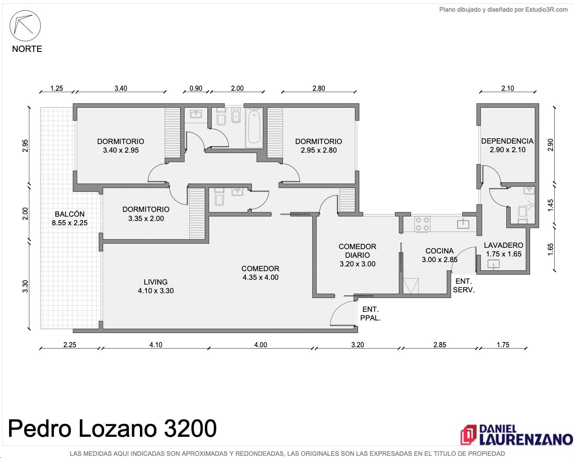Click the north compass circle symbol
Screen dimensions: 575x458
point(25,26)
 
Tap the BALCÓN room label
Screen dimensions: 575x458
point(70,214)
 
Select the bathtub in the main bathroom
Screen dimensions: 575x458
point(254,128)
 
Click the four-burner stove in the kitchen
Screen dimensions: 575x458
point(423,224)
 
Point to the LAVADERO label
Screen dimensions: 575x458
point(503,245)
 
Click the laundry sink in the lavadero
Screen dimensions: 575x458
point(493,264)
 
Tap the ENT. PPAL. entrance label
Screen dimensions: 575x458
point(370,314)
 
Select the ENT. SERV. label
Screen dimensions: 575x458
point(464,285)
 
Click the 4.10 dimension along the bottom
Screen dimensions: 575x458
point(156,345)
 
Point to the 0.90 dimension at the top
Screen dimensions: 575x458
point(196,88)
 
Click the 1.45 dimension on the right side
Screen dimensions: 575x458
point(550,205)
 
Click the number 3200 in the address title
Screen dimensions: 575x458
point(190,429)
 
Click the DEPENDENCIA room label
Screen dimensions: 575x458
point(508,141)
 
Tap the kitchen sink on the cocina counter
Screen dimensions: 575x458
point(463,224)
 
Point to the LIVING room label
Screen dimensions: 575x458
point(156,282)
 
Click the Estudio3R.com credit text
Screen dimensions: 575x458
point(546,10)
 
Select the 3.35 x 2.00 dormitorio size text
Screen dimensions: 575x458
point(146,218)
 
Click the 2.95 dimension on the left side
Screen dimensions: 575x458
point(25,146)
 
